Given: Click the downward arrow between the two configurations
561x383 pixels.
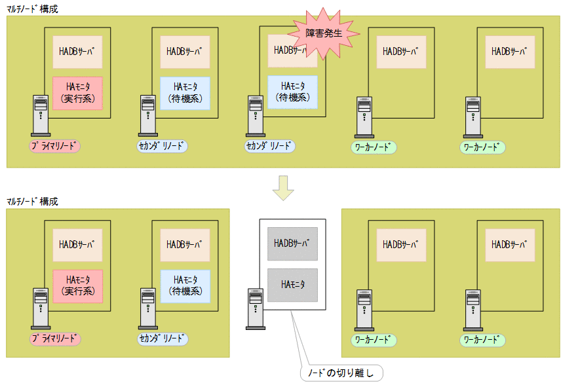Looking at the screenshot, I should [x=283, y=187].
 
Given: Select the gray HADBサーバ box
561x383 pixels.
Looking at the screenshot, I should [x=292, y=244].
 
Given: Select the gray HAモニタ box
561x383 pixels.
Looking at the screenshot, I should [x=292, y=285].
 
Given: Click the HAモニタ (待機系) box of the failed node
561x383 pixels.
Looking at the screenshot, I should [x=292, y=92].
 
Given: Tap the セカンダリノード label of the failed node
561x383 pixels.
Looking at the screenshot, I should [x=270, y=147].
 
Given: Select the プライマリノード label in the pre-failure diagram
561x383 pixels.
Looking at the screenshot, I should [x=55, y=147].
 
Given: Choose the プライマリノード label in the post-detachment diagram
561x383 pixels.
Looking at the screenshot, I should [x=55, y=339].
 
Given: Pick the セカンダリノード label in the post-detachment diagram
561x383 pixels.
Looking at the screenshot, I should [x=163, y=339].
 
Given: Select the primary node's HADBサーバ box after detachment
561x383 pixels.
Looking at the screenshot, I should [x=77, y=245].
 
